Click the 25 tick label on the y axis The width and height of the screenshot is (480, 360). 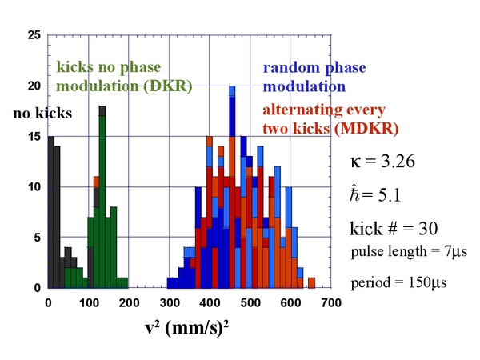coord(34,35)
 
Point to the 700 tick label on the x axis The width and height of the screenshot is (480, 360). coord(331,302)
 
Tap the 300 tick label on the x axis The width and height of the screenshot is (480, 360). coord(170,302)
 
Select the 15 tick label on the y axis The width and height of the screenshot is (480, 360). coord(34,137)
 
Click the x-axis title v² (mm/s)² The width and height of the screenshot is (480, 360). coord(186,328)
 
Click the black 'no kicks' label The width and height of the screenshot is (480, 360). coord(42,114)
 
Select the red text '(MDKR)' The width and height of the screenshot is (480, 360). coord(366,128)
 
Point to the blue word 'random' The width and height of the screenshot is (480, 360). coord(291,67)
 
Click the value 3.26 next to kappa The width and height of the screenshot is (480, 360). coord(398,161)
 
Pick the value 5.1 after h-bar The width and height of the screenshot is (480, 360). coord(390,195)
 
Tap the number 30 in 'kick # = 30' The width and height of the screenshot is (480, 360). coord(428,228)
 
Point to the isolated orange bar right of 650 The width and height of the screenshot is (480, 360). coord(312,283)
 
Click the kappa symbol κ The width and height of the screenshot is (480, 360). coord(355,162)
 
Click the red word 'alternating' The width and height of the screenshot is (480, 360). coord(298,110)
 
